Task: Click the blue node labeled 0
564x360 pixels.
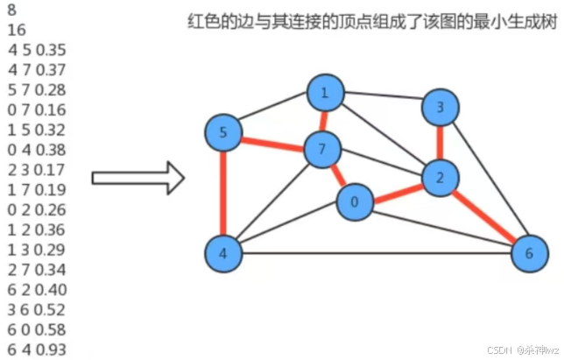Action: click(x=355, y=202)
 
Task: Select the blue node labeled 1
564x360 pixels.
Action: click(x=324, y=93)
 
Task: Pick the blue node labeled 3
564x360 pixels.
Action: click(x=440, y=108)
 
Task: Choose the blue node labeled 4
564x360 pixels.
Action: click(x=222, y=254)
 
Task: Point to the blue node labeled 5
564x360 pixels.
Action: click(x=222, y=133)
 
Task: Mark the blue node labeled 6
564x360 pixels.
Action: click(x=528, y=254)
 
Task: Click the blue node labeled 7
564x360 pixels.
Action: click(x=322, y=150)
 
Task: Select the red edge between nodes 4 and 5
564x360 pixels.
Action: click(x=222, y=194)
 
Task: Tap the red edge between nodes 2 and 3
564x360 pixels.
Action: click(x=439, y=142)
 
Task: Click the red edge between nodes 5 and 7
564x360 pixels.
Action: click(x=272, y=141)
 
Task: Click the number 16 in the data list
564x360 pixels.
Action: click(x=16, y=30)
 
